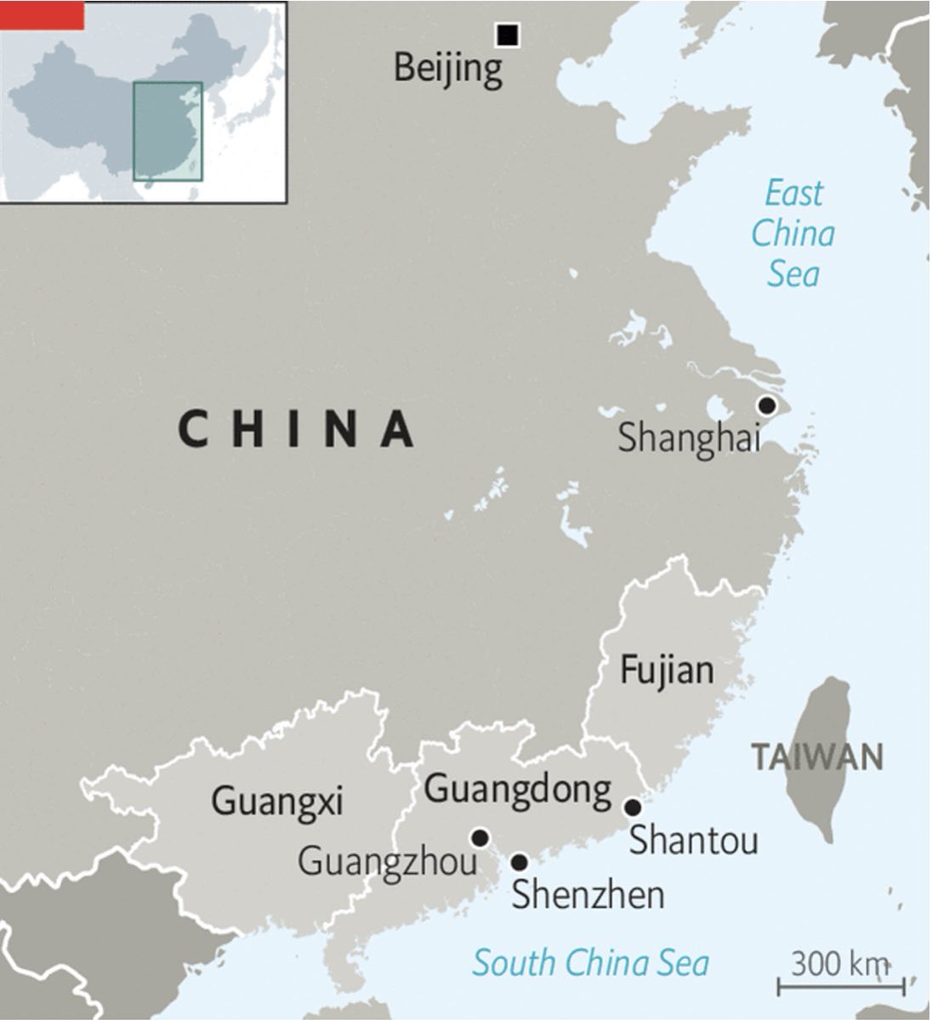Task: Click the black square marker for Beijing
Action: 508,34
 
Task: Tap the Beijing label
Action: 448,69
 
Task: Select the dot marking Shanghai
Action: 767,405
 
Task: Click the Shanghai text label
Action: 688,439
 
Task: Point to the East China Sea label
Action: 793,234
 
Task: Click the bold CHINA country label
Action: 297,428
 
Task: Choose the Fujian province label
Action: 667,671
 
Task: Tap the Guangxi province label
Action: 276,800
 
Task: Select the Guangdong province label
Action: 518,790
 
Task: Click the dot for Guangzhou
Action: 480,838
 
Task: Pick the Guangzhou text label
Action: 387,862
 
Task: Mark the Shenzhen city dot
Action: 519,863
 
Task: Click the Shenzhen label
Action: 588,894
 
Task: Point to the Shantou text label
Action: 693,841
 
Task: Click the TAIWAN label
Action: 816,756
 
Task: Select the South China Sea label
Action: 590,963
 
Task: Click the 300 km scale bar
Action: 841,986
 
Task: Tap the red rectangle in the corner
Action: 42,14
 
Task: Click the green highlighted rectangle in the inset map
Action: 168,131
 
